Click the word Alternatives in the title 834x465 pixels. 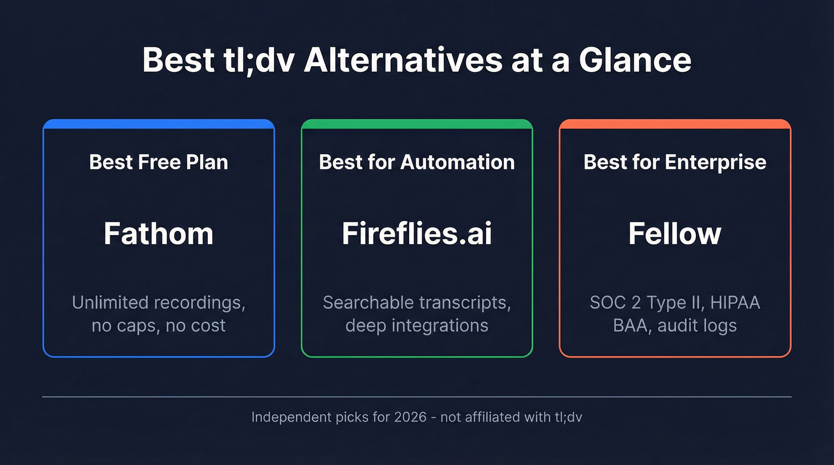(403, 60)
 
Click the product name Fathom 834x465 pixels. (158, 233)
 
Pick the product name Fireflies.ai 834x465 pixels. (417, 233)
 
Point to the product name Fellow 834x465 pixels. (675, 233)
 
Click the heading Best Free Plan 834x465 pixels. (158, 162)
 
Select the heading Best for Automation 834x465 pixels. (417, 162)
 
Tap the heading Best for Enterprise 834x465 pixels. (675, 162)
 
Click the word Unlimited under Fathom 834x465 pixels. (110, 302)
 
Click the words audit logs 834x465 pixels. (698, 326)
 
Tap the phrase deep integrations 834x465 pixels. (417, 326)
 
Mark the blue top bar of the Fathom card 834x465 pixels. (158, 124)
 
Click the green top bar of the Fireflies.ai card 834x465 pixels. (417, 124)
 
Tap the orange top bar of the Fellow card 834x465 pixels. (675, 124)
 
